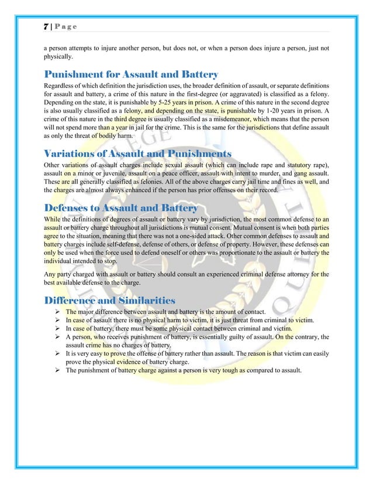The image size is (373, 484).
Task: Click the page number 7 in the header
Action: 46,28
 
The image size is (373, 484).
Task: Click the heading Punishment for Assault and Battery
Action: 132,74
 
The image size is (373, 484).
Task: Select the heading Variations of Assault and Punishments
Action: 138,154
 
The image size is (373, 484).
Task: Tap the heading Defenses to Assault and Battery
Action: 122,207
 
